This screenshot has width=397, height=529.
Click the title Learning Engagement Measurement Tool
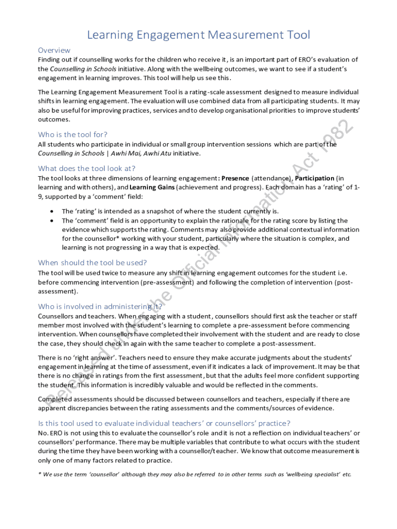pos(198,35)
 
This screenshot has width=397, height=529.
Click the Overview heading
pos(54,50)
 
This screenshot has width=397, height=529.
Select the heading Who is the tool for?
pos(73,135)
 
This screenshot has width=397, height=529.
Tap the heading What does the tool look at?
pos(87,168)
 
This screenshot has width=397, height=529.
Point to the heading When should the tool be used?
pos(92,262)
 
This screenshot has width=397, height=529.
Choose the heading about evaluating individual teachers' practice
pos(164,423)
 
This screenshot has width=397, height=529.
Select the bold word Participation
pos(315,178)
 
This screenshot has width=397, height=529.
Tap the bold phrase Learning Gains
pos(152,188)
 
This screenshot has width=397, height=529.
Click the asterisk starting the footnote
pos(40,474)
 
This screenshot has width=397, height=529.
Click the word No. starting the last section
pos(43,433)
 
